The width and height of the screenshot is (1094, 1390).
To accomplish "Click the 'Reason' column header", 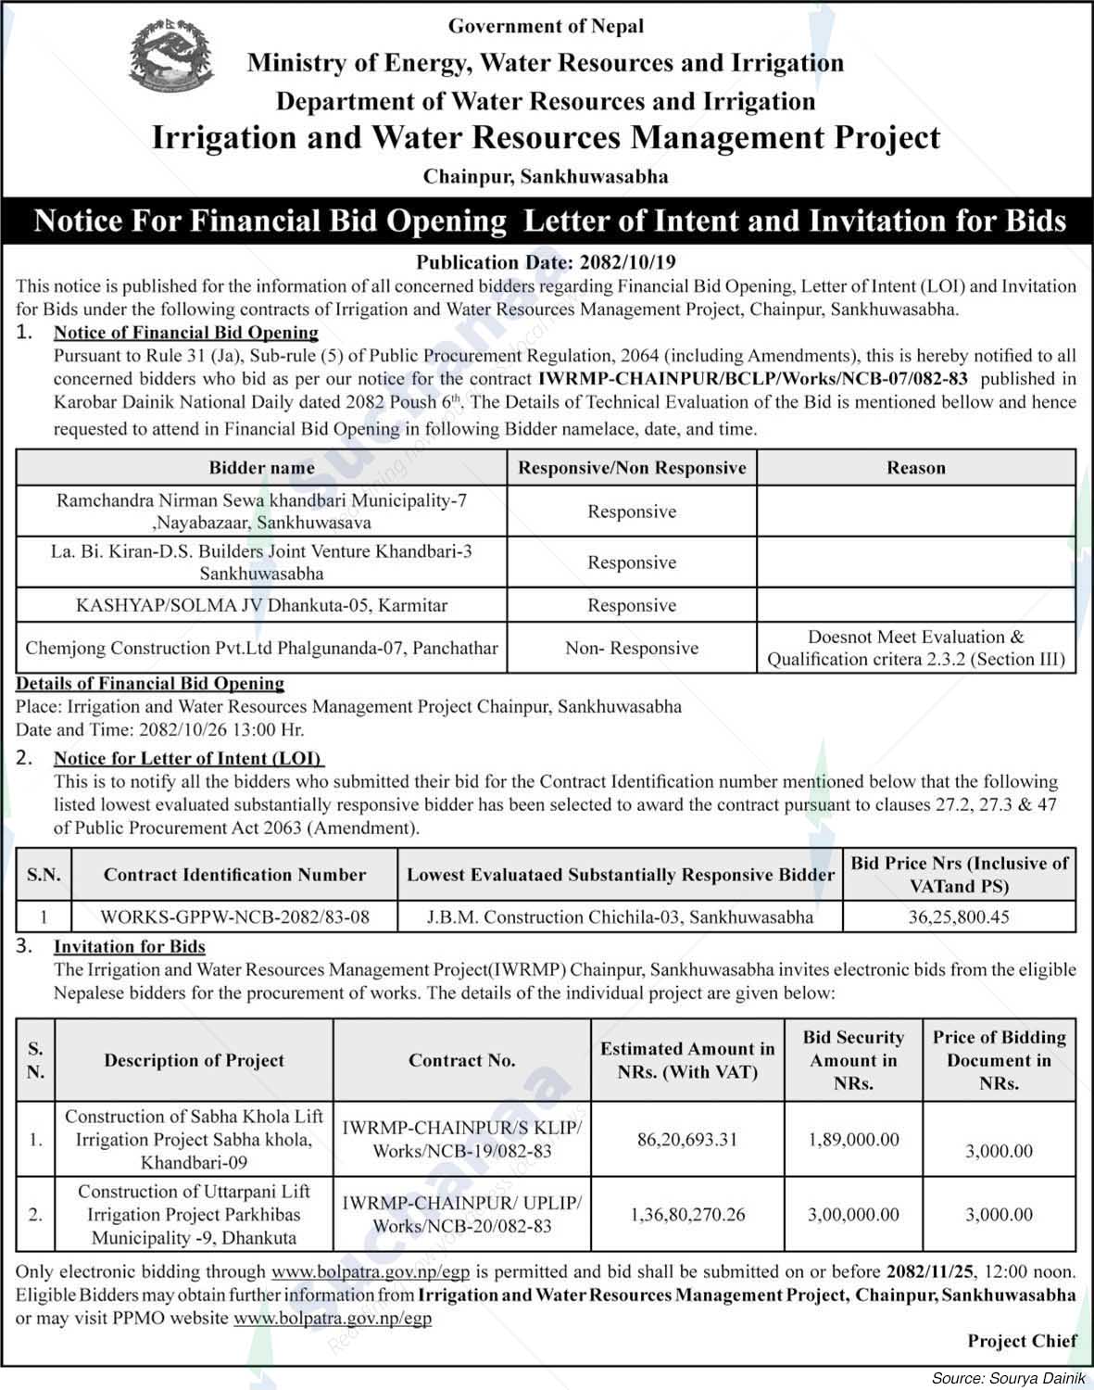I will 915,468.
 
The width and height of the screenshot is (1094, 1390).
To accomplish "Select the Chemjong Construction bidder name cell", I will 261,648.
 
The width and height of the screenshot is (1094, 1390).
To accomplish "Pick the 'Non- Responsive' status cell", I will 632,648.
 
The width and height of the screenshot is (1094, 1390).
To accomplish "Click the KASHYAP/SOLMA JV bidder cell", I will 261,605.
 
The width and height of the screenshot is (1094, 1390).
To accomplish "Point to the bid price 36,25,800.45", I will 959,917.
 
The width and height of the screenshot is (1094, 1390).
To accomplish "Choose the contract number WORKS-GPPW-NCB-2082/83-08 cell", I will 234,917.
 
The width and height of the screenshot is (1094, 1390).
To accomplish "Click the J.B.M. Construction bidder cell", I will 620,917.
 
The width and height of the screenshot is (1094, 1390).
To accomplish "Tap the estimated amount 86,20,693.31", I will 686,1139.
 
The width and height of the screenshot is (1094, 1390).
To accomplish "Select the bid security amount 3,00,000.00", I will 853,1214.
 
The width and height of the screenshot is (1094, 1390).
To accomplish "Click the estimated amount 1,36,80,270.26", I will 686,1214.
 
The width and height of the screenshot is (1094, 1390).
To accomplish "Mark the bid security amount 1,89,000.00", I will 853,1139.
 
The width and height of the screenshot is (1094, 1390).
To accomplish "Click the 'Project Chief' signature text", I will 1022,1340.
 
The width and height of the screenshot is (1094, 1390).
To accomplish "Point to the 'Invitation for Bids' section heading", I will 130,946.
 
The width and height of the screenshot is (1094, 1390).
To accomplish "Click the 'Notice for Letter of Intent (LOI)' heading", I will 187,758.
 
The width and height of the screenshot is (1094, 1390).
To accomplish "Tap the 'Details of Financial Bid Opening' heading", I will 150,683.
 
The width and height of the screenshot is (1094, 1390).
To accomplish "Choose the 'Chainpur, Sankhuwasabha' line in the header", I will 546,175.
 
